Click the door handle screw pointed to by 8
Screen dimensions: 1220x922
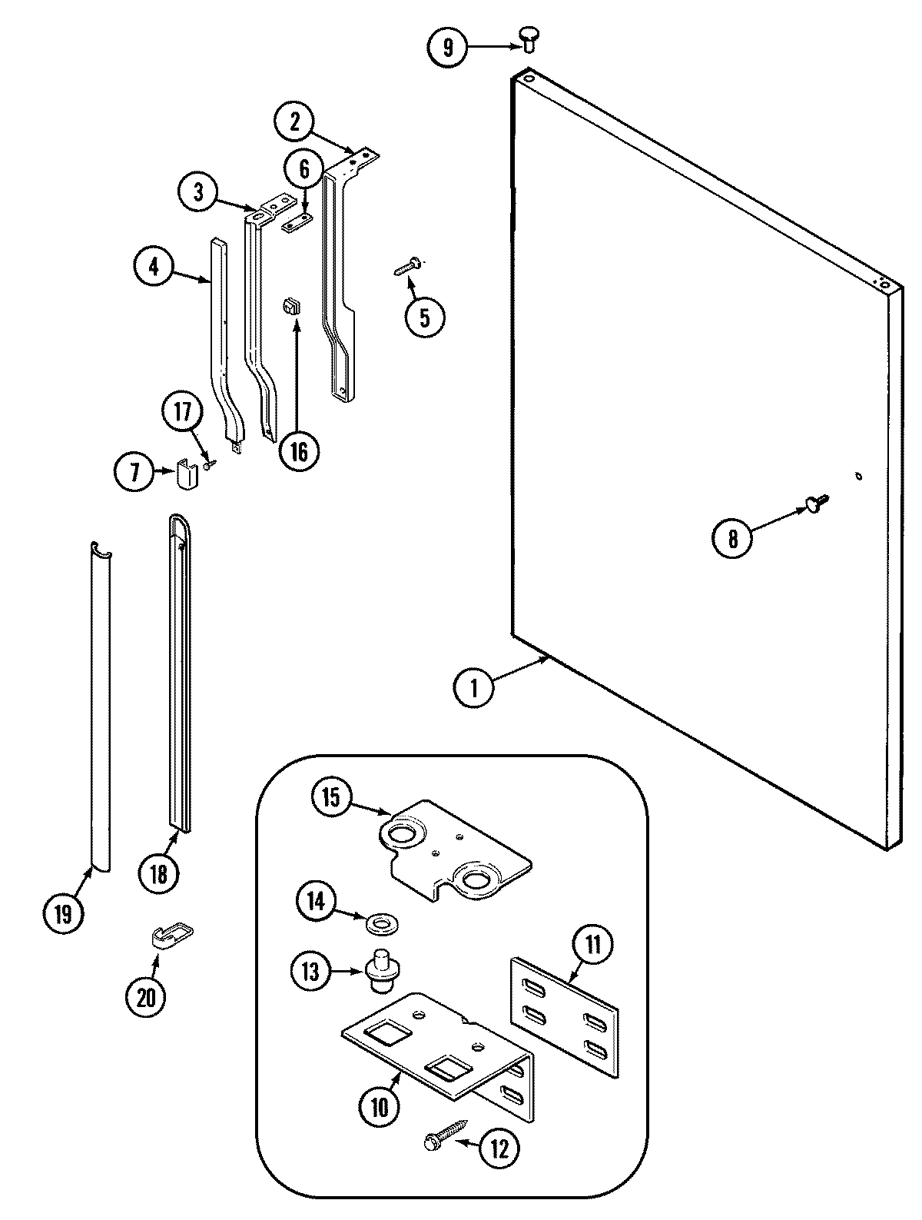pos(815,503)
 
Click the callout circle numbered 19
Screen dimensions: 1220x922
pos(63,914)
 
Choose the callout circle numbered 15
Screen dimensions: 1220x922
pos(331,797)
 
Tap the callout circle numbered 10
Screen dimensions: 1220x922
pos(380,1107)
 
